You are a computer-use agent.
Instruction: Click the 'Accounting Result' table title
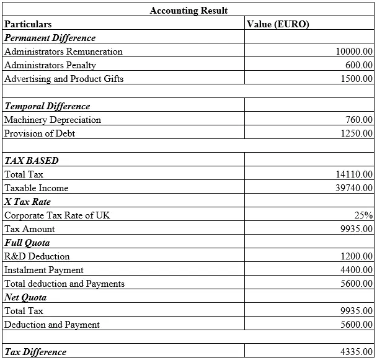pyautogui.click(x=188, y=11)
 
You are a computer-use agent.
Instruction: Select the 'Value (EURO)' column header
pyautogui.click(x=278, y=24)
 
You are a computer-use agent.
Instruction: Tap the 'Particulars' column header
pyautogui.click(x=28, y=24)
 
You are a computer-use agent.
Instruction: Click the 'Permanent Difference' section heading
pyautogui.click(x=50, y=38)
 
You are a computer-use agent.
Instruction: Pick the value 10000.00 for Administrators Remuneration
pyautogui.click(x=353, y=52)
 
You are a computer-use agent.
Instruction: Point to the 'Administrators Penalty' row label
pyautogui.click(x=50, y=65)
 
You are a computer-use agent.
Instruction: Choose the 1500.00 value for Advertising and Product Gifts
pyautogui.click(x=357, y=79)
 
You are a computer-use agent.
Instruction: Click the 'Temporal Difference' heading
pyautogui.click(x=47, y=106)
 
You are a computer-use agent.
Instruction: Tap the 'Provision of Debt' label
pyautogui.click(x=40, y=133)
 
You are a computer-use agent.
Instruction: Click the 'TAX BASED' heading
pyautogui.click(x=32, y=161)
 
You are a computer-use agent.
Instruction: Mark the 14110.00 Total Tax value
pyautogui.click(x=353, y=174)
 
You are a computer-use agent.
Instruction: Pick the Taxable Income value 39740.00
pyautogui.click(x=353, y=188)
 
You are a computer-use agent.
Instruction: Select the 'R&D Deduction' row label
pyautogui.click(x=37, y=256)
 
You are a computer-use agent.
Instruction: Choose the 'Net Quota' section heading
pyautogui.click(x=25, y=297)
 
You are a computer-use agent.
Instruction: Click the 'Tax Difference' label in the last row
pyautogui.click(x=35, y=352)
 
